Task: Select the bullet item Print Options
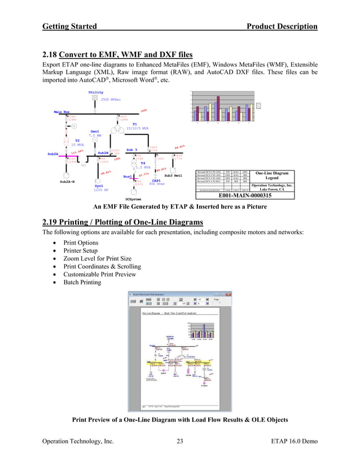[x=81, y=243]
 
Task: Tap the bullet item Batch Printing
[x=82, y=282]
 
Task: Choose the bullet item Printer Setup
[x=82, y=250]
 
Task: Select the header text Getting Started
[x=69, y=27]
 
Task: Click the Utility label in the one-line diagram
[x=96, y=92]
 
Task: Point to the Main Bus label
[x=62, y=112]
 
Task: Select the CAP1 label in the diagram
[x=156, y=181]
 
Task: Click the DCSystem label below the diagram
[x=133, y=199]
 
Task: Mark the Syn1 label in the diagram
[x=99, y=185]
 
